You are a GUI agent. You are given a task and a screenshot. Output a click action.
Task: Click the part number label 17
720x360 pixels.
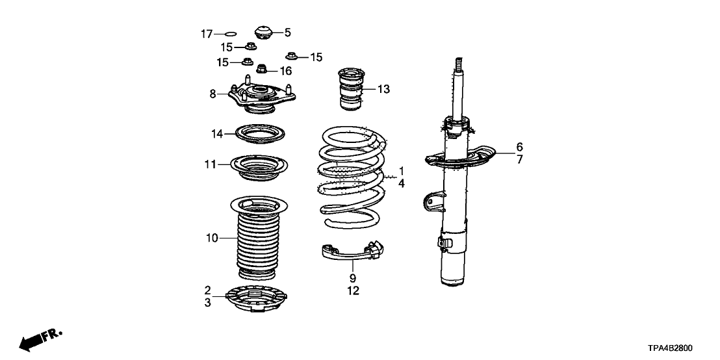pos(206,34)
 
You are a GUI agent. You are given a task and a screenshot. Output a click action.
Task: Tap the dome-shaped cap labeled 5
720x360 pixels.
pos(263,32)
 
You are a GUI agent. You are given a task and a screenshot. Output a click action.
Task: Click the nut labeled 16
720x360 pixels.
pos(263,69)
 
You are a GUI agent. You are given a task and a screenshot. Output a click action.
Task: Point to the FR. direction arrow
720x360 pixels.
pos(39,339)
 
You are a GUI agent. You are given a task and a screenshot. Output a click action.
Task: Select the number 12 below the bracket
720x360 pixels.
pos(353,291)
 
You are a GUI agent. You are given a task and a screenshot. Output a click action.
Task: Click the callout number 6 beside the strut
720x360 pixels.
pos(519,146)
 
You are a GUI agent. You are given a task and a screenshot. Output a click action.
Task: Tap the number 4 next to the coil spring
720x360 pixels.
pos(402,184)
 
